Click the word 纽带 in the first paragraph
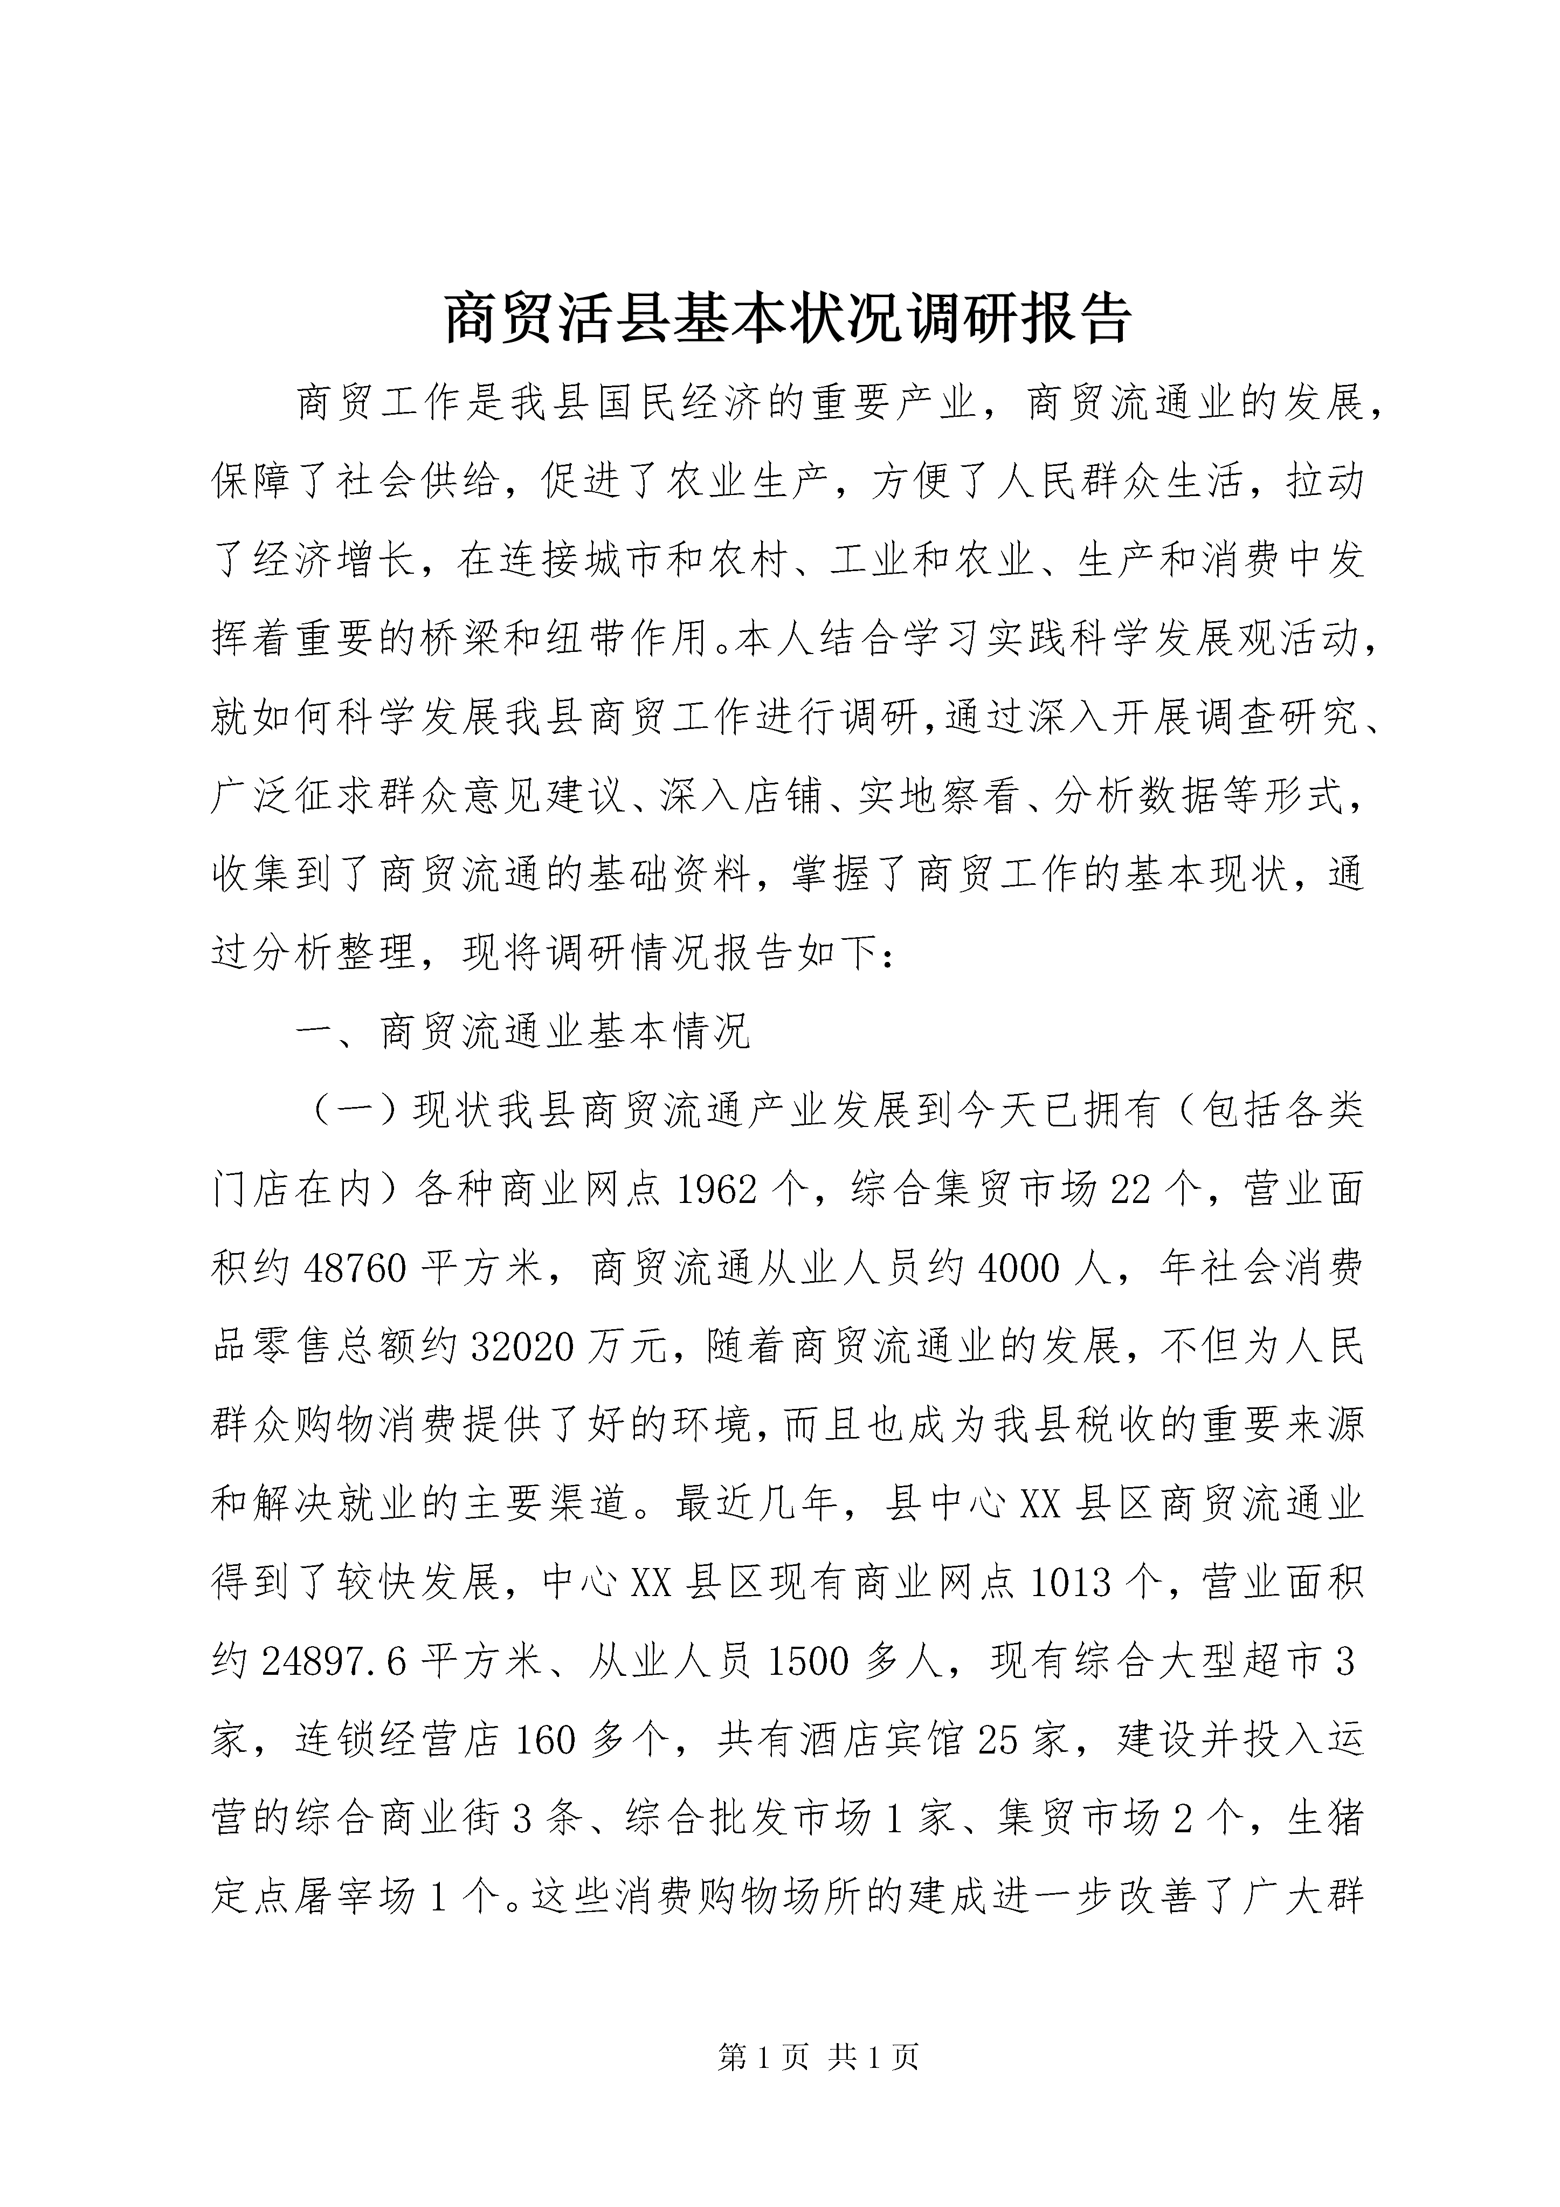[584, 639]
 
